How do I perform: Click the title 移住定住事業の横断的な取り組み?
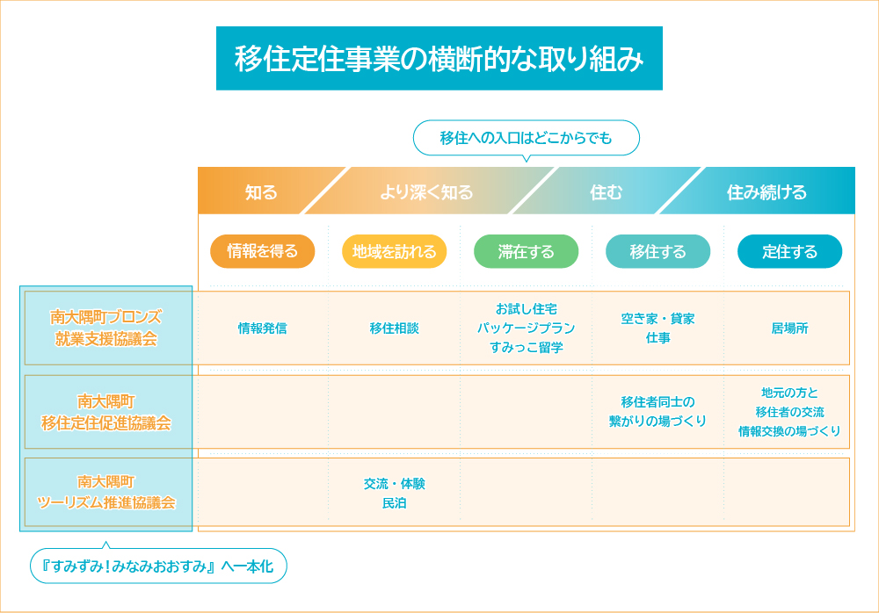click(x=439, y=58)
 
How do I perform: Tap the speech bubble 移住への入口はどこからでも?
click(x=526, y=138)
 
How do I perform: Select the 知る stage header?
click(x=261, y=192)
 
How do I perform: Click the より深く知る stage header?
click(x=426, y=192)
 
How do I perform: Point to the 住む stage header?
click(x=606, y=192)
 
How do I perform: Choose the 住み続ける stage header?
click(x=766, y=192)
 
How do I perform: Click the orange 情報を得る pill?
click(x=262, y=251)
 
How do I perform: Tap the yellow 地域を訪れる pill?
click(x=394, y=251)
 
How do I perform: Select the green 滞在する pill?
click(x=526, y=251)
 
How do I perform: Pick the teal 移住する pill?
click(x=657, y=251)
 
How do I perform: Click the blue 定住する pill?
click(x=789, y=251)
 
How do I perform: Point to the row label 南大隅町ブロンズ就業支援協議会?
click(x=106, y=328)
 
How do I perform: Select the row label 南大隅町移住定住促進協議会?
click(x=106, y=412)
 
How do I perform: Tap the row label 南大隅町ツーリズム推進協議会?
click(x=106, y=492)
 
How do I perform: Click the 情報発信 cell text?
click(x=262, y=328)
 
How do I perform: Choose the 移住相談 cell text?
click(x=394, y=328)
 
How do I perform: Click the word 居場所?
click(x=789, y=328)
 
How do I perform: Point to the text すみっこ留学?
click(x=526, y=348)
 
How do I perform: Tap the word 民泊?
click(x=394, y=503)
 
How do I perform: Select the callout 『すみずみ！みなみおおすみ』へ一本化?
click(x=158, y=565)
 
